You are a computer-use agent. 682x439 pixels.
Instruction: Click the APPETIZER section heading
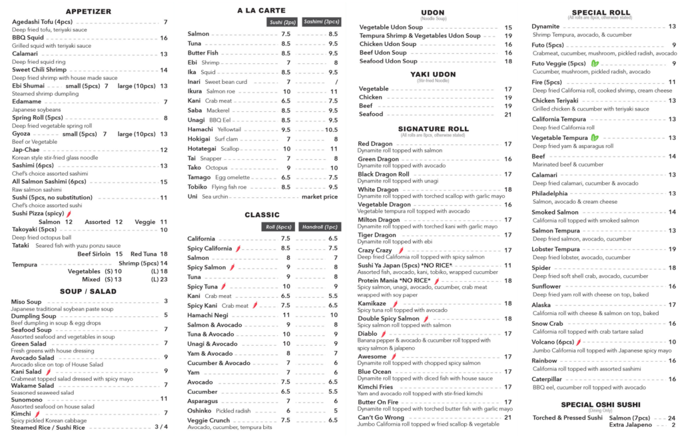pos(89,11)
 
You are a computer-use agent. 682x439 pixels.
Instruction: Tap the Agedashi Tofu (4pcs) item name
pos(42,22)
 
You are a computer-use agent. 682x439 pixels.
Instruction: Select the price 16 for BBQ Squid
pos(164,38)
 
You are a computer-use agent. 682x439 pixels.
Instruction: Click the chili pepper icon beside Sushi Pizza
pos(69,214)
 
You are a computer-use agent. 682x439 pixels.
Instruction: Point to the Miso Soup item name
pos(27,302)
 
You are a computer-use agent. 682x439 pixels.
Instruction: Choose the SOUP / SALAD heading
pos(89,291)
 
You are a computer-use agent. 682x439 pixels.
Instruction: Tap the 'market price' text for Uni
pos(320,197)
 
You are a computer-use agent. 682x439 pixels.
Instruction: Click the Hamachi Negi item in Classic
pos(208,314)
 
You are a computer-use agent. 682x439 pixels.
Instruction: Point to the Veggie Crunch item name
pos(208,420)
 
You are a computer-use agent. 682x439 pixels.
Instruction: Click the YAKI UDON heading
pos(433,74)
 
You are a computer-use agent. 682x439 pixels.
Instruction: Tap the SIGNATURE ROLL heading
pos(433,129)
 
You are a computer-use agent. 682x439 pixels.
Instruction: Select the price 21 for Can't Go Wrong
pos(508,418)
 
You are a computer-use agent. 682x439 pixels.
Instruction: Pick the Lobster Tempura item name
pos(555,249)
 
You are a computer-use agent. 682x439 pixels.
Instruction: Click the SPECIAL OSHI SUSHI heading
pos(600,404)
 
